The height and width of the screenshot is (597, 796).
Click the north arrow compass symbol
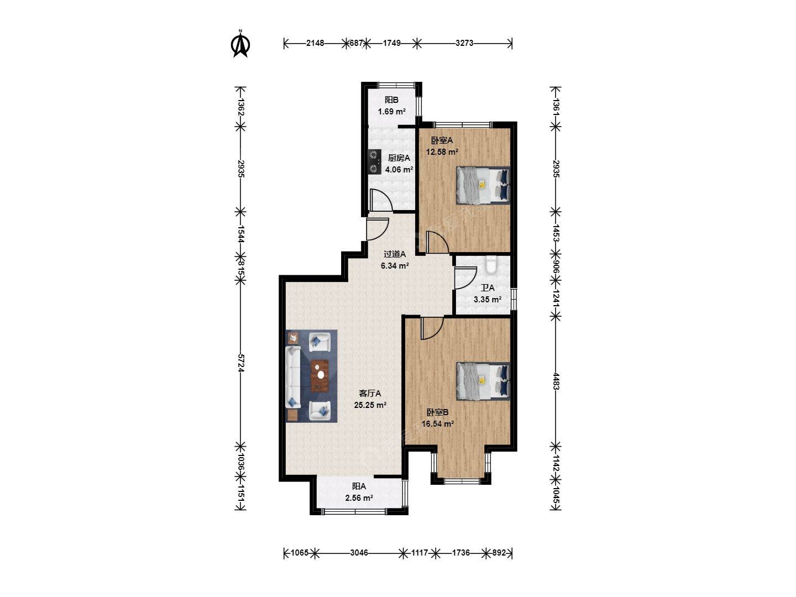tap(240, 44)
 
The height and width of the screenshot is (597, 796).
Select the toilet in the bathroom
tap(491, 265)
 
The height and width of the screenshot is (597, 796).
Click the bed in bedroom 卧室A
tap(483, 185)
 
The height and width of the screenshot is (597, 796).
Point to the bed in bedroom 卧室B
tap(483, 381)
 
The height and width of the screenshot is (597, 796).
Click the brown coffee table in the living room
tap(320, 375)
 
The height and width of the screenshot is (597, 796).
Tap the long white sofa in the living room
tap(293, 377)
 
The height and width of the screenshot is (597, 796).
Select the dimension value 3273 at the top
tap(464, 43)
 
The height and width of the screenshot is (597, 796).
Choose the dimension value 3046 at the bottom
tap(359, 553)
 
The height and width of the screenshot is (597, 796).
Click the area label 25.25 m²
tap(370, 405)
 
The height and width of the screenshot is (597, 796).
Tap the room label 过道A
tap(395, 254)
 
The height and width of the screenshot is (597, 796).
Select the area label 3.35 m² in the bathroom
tap(488, 300)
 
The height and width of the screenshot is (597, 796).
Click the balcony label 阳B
tap(392, 99)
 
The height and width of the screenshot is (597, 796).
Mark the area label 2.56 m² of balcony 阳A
tap(359, 498)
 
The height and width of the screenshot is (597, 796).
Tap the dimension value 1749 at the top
tap(392, 43)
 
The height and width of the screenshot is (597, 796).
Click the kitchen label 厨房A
tap(399, 158)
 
